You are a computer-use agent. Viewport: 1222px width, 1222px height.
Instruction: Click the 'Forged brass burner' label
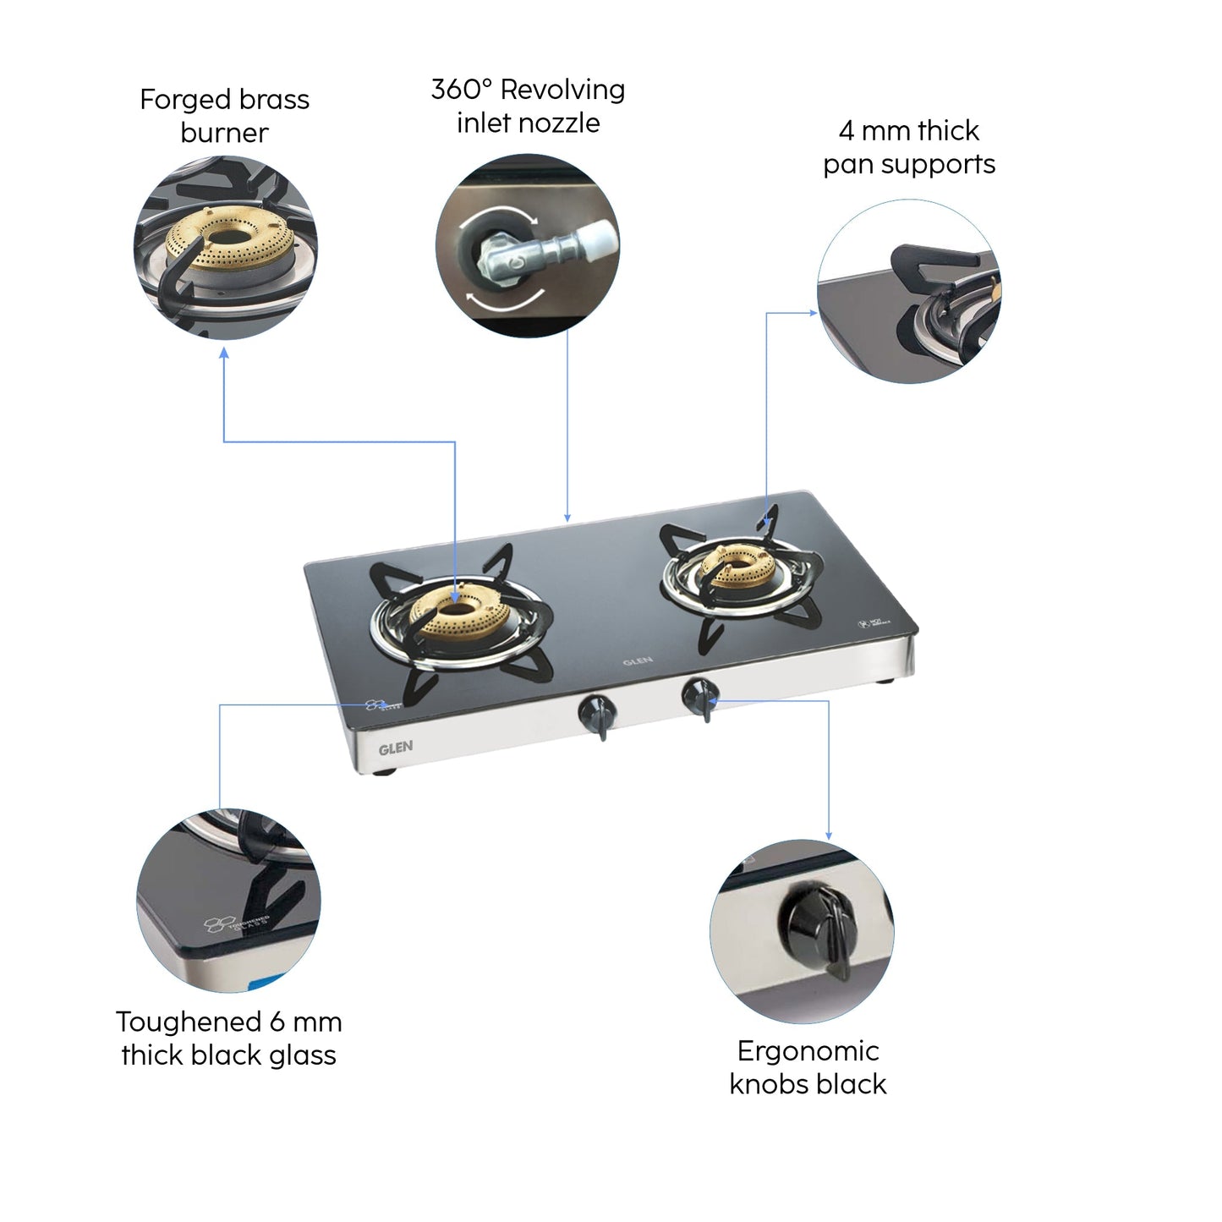coord(224,116)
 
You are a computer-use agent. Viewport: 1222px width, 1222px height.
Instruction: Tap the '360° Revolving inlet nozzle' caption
coord(528,106)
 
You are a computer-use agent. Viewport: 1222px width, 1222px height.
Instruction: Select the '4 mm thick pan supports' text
coord(909,147)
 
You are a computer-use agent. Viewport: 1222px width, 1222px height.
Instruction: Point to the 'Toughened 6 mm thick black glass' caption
coord(228,1038)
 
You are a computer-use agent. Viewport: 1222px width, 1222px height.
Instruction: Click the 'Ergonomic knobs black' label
coord(808,1066)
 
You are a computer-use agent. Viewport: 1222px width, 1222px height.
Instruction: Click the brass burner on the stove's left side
coord(457,611)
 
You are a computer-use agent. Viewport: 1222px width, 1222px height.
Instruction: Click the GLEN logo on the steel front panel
coord(396,748)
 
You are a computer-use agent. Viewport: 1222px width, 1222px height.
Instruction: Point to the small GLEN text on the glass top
coord(638,661)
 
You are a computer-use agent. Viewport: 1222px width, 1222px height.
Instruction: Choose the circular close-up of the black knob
coord(801,931)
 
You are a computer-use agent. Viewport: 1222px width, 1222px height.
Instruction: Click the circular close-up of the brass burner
coord(225,249)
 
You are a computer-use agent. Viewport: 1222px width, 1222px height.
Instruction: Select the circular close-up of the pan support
coord(908,291)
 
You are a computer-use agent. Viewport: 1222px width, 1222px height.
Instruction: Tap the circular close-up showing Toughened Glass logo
coord(228,900)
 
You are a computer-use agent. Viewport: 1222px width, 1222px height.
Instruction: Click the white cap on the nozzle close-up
coord(599,238)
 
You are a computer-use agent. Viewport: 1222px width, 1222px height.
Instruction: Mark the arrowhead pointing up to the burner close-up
coord(224,353)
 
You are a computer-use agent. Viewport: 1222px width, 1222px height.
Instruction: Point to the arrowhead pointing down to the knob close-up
coord(828,835)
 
